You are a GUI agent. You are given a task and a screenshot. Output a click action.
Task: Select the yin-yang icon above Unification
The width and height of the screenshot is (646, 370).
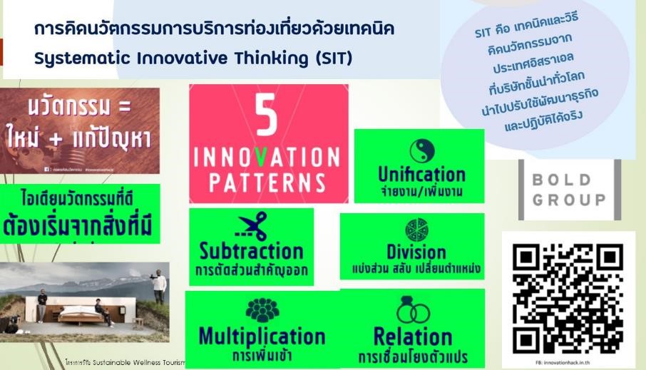421,150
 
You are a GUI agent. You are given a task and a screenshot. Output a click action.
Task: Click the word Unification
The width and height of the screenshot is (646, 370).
421,174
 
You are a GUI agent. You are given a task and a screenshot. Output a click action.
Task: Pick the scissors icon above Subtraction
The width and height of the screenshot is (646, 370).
251,227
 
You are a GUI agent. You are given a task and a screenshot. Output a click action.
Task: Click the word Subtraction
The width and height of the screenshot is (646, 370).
251,252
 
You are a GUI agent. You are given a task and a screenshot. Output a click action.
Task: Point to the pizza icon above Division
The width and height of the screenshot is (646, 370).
416,230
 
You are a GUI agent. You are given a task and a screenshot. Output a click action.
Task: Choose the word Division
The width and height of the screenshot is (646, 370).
416,252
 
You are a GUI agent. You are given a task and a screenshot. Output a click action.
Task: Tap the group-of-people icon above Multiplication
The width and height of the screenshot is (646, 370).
262,311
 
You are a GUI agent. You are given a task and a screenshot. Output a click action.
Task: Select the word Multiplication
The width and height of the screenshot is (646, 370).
262,336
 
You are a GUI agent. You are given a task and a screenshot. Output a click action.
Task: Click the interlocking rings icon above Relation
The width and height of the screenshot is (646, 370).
412,312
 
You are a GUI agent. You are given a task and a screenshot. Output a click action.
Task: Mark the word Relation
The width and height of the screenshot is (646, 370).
412,336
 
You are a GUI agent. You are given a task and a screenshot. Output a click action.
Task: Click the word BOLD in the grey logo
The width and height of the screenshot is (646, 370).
568,180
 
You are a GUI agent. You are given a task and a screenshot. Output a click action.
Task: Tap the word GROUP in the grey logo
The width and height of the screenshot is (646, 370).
568,200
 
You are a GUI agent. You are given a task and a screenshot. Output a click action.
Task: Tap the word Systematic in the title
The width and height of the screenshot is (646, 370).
73,58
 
